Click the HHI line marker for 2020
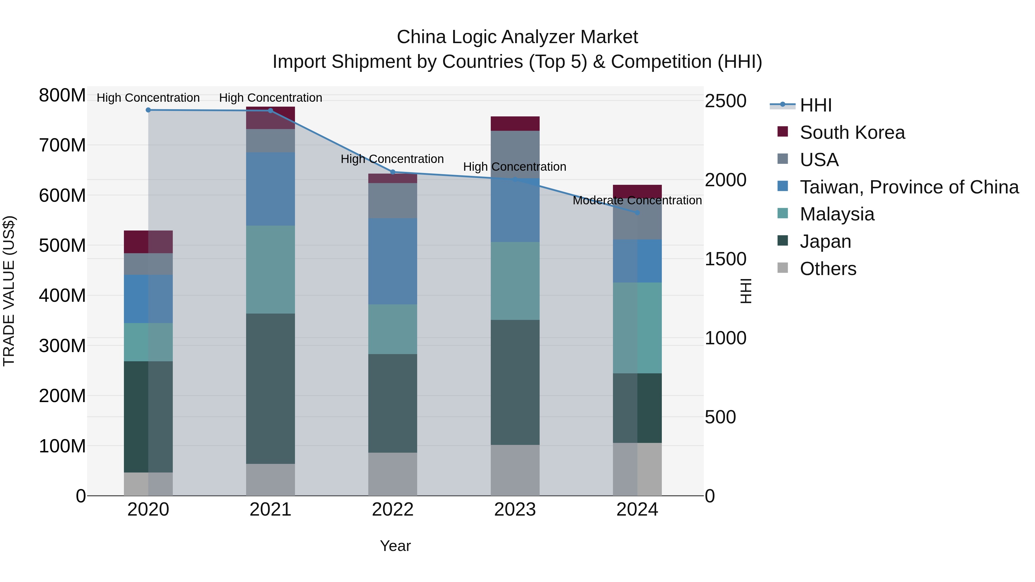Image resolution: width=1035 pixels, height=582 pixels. (148, 110)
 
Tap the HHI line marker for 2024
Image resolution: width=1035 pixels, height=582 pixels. (637, 212)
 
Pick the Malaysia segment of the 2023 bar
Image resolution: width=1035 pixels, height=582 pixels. (515, 281)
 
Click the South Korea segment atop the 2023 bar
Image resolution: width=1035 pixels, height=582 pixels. (515, 123)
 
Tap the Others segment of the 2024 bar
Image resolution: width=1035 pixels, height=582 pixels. (637, 469)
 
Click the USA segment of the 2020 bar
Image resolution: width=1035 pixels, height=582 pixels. (148, 264)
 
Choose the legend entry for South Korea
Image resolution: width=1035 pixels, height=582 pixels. (852, 132)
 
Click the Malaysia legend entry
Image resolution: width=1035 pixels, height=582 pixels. (837, 214)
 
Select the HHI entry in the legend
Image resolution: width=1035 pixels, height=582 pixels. (815, 105)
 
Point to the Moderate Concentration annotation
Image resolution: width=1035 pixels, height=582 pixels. (637, 200)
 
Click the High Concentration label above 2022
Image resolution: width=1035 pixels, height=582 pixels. (392, 159)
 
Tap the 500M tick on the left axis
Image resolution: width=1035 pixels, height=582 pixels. (62, 245)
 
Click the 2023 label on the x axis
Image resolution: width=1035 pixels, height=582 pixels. (515, 510)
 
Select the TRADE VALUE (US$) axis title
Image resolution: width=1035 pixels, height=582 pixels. (9, 291)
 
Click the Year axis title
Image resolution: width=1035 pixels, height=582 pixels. (395, 546)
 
